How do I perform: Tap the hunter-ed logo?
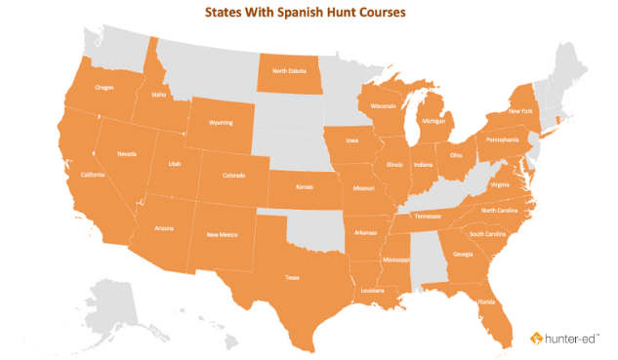(x=567, y=338)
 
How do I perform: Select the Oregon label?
(x=104, y=87)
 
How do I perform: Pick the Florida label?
(x=485, y=301)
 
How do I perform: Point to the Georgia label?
(x=463, y=255)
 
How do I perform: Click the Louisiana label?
(x=371, y=290)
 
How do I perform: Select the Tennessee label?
(x=428, y=216)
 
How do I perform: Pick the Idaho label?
(x=159, y=96)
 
